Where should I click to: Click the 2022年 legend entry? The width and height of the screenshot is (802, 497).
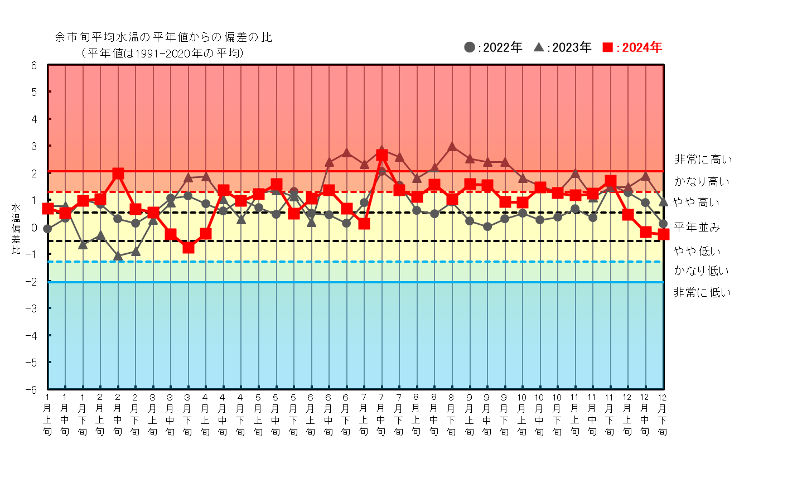click(x=493, y=47)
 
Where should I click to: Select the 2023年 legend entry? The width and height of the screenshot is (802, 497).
click(x=563, y=47)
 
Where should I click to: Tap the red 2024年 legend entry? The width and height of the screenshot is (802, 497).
click(x=632, y=47)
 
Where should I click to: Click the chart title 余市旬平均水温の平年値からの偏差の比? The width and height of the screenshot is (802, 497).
click(x=163, y=37)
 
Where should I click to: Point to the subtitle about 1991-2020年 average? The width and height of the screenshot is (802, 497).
click(x=163, y=53)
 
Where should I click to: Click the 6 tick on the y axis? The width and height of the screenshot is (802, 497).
click(x=34, y=65)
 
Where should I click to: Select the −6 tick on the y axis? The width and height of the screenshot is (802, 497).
click(x=33, y=389)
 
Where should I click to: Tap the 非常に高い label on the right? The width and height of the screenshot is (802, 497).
click(x=703, y=160)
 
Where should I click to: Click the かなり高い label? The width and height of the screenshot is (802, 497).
click(x=702, y=181)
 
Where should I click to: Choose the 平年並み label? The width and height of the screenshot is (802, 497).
click(x=697, y=227)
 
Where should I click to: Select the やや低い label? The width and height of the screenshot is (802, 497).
click(x=697, y=251)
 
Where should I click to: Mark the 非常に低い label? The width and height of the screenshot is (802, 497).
click(x=702, y=292)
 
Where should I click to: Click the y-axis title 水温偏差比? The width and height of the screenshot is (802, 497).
click(x=16, y=229)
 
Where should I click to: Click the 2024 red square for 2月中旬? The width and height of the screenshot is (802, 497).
click(x=118, y=173)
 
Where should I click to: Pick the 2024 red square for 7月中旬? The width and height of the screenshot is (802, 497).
click(x=382, y=155)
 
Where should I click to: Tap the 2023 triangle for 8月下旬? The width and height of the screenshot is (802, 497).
click(x=452, y=147)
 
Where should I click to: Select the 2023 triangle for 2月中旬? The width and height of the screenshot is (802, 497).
click(x=118, y=256)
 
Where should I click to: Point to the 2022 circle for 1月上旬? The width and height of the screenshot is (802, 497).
click(x=48, y=229)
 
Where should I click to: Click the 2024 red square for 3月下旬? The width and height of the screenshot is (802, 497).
click(x=188, y=247)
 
